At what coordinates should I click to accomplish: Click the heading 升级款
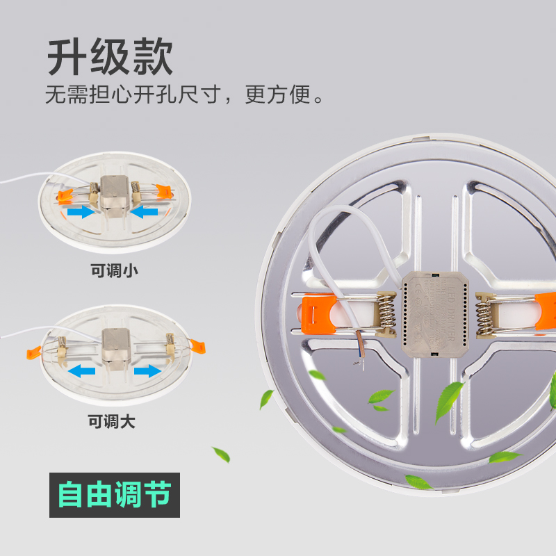point(110,58)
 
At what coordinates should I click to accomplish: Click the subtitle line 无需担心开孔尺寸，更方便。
point(184,94)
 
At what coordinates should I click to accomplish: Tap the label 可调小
point(115,270)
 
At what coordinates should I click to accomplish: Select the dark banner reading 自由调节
point(115,495)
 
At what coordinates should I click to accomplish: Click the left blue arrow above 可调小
point(81,211)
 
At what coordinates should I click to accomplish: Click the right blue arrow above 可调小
point(145,211)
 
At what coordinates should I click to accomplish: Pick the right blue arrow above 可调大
point(146,370)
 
